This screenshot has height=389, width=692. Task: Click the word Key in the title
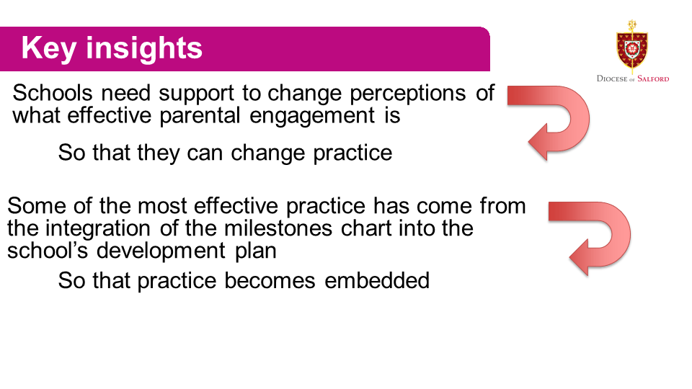(x=48, y=48)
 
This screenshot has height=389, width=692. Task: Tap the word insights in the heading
(x=144, y=48)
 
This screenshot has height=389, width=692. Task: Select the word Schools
(x=53, y=93)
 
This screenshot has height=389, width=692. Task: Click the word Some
(x=36, y=206)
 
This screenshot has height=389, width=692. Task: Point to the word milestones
(x=278, y=228)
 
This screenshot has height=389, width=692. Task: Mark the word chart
(x=366, y=228)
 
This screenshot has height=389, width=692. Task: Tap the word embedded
(x=377, y=280)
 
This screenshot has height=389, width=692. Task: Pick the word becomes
(x=270, y=280)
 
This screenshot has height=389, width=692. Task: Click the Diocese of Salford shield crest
(x=632, y=48)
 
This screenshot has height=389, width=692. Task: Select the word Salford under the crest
(x=653, y=79)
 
